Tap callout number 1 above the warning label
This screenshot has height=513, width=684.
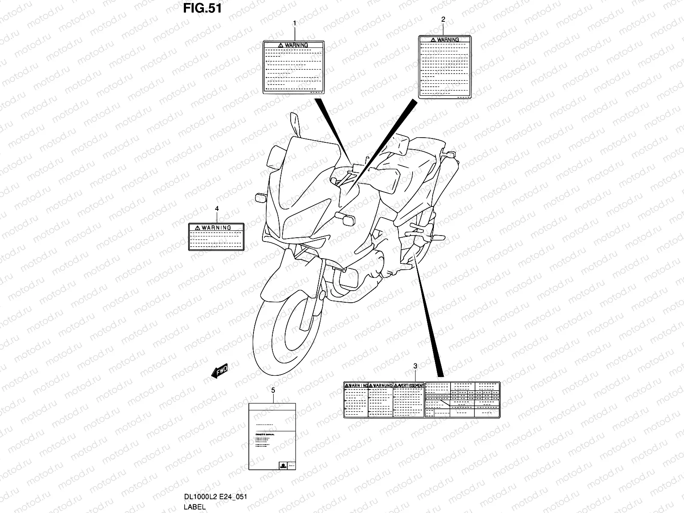[294, 24]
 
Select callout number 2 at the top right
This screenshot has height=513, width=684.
[443, 19]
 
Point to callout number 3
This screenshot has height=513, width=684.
[415, 366]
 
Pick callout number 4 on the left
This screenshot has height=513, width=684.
[217, 209]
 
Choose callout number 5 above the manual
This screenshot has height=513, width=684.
[273, 390]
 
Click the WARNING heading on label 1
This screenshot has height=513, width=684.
[293, 45]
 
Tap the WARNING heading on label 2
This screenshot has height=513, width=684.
[445, 40]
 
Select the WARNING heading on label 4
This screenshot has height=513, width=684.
[216, 228]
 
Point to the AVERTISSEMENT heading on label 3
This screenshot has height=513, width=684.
[409, 386]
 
